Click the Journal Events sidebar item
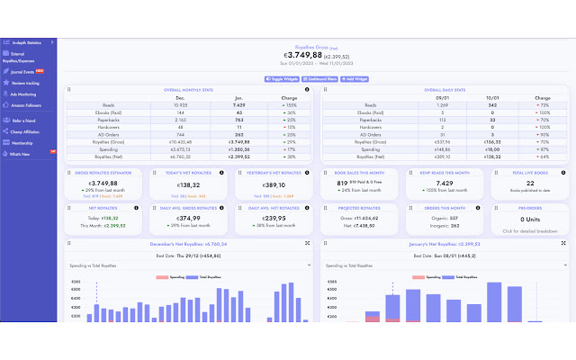22,70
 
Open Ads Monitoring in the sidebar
24,94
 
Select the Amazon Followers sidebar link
25,106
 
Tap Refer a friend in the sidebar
23,120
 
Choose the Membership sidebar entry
22,142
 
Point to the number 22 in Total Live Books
522,183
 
